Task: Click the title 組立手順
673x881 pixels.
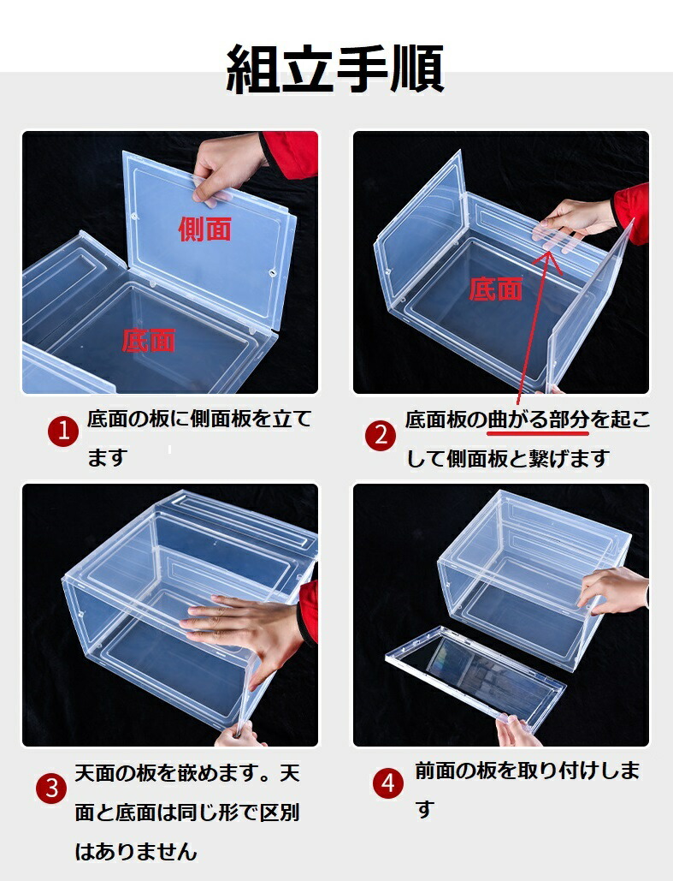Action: (x=336, y=69)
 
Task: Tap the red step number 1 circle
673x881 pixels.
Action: (x=63, y=432)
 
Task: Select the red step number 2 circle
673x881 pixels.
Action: (x=381, y=435)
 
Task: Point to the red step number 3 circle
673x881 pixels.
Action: (x=51, y=788)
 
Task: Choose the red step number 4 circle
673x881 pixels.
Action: (x=388, y=783)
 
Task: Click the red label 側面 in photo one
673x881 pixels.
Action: (x=205, y=229)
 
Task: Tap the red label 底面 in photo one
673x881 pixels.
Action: (x=149, y=340)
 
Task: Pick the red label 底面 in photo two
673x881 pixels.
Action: (x=496, y=289)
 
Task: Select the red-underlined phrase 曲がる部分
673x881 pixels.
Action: (x=538, y=420)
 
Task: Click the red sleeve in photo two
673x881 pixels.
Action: (x=632, y=211)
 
